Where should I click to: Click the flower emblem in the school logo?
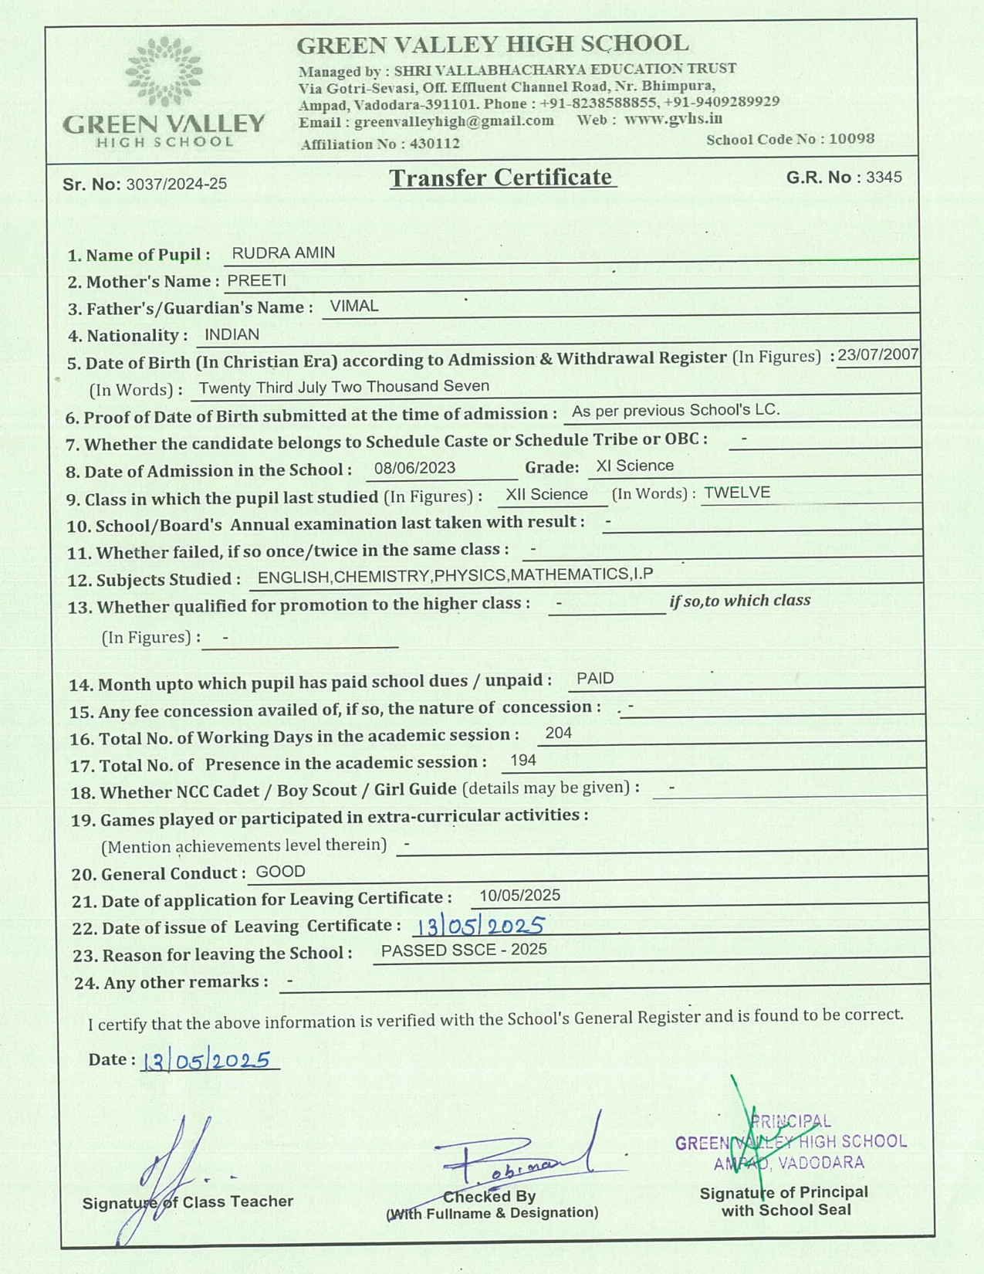164,72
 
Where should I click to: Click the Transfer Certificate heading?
502,178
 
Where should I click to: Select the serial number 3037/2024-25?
176,184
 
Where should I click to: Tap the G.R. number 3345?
884,177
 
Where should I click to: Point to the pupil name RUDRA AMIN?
283,253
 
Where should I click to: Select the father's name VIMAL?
353,307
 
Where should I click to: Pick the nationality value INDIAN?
232,334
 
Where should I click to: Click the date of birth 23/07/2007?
877,354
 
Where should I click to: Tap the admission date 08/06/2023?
414,468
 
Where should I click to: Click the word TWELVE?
737,493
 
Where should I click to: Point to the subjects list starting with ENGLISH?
455,576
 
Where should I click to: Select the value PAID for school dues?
595,679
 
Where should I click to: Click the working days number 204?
558,733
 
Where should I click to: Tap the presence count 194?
522,761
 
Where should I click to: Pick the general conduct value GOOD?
280,872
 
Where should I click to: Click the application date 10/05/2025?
519,896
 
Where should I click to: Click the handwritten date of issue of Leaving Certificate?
480,925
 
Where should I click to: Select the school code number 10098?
851,139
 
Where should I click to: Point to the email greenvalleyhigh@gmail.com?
454,121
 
